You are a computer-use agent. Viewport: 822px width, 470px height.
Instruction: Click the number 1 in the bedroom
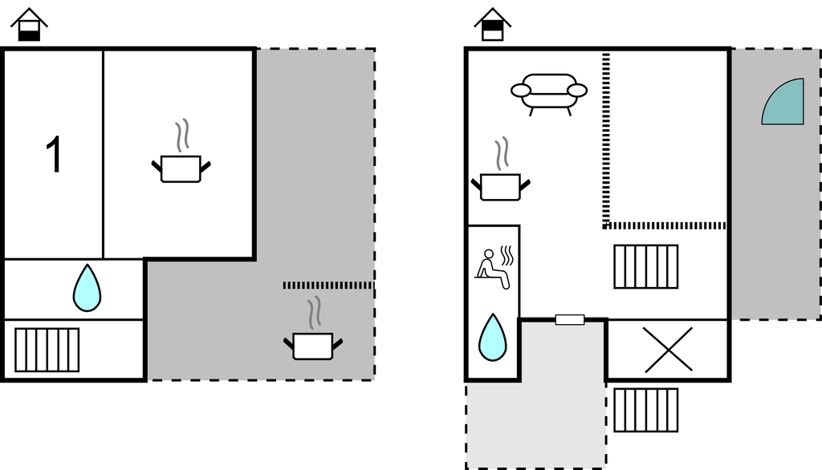pyautogui.click(x=53, y=155)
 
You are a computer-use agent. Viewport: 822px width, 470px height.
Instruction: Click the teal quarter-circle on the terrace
pyautogui.click(x=784, y=103)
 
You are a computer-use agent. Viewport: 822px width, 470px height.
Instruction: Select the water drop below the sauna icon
pyautogui.click(x=492, y=338)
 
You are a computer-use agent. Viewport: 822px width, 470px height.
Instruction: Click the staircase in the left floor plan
pyautogui.click(x=47, y=350)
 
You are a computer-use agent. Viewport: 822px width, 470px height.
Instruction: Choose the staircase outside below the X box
pyautogui.click(x=645, y=409)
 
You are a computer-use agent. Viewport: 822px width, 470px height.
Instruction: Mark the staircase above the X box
pyautogui.click(x=645, y=266)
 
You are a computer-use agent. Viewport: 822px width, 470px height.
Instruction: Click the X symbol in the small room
pyautogui.click(x=668, y=350)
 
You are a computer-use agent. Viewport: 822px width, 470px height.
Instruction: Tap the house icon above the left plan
pyautogui.click(x=29, y=25)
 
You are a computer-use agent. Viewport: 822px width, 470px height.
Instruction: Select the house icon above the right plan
pyautogui.click(x=492, y=25)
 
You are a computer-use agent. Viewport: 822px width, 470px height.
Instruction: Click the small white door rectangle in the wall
pyautogui.click(x=570, y=320)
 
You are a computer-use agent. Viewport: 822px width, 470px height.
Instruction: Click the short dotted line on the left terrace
pyautogui.click(x=328, y=285)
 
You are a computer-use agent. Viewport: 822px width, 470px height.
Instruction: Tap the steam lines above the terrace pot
pyautogui.click(x=314, y=310)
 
